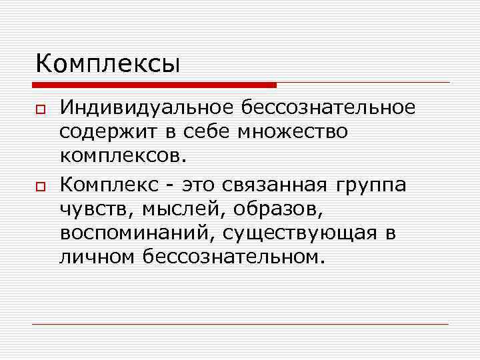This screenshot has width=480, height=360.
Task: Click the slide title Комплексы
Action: pyautogui.click(x=107, y=65)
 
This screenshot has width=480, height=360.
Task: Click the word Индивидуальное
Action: pyautogui.click(x=147, y=107)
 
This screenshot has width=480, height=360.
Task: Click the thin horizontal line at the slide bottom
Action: pyautogui.click(x=240, y=325)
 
